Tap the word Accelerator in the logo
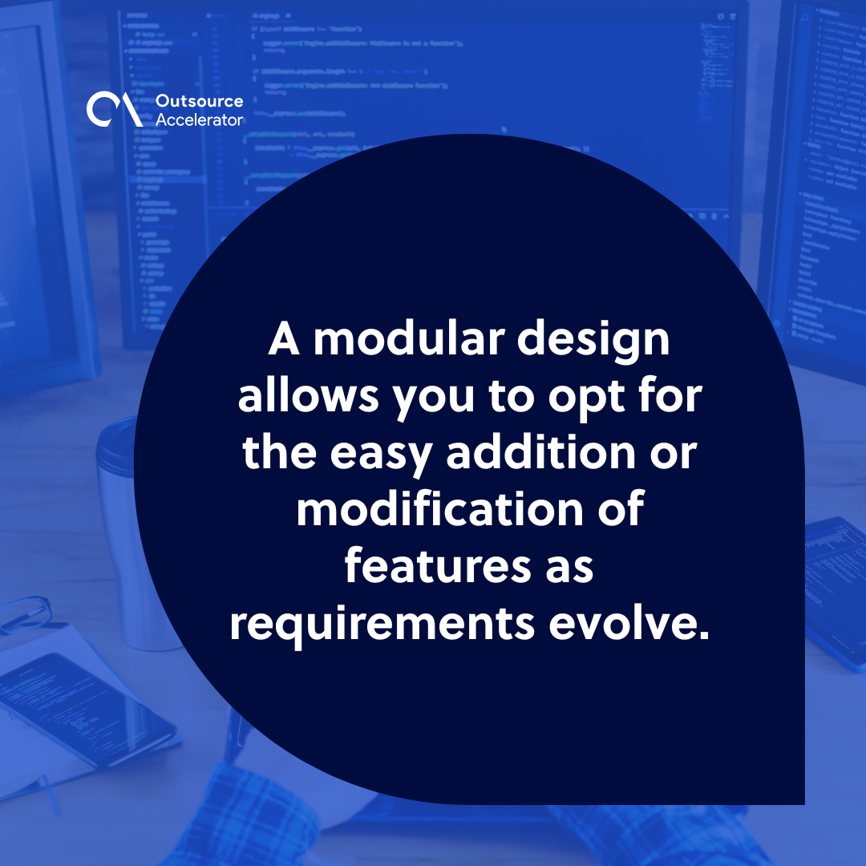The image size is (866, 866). coord(199,119)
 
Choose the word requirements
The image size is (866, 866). coord(382,624)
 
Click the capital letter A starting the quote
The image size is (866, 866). coord(284,341)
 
